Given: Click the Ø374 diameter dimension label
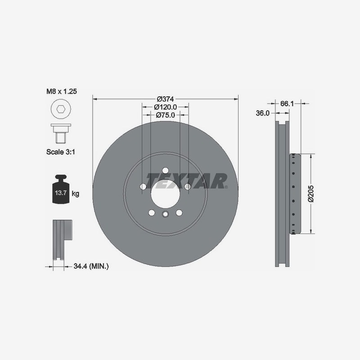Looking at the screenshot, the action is [165, 99].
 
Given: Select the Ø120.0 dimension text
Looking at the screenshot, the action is [165, 107].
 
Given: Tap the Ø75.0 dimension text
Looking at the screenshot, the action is [165, 115].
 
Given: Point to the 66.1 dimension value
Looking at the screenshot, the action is [287, 103].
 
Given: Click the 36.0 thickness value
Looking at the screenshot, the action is [263, 113].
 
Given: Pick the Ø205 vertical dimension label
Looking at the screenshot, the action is [310, 193].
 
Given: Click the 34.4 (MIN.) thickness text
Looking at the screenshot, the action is [91, 266].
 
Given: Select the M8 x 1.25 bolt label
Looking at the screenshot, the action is [62, 91].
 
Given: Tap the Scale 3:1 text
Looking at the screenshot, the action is [61, 152].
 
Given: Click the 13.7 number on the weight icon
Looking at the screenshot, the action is [61, 193].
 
